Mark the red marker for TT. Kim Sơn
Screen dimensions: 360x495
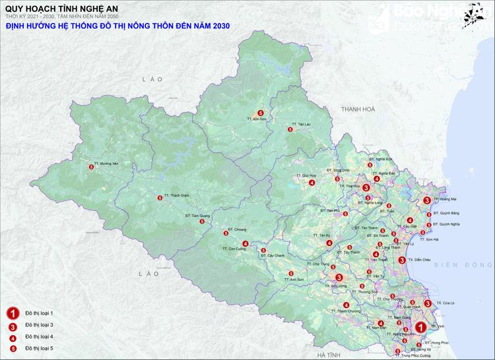click(261, 113)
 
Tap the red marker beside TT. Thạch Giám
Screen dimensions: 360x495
click(159, 198)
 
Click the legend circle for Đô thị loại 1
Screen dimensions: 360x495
click(11, 313)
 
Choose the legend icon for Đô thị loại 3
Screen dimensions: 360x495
click(11, 326)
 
